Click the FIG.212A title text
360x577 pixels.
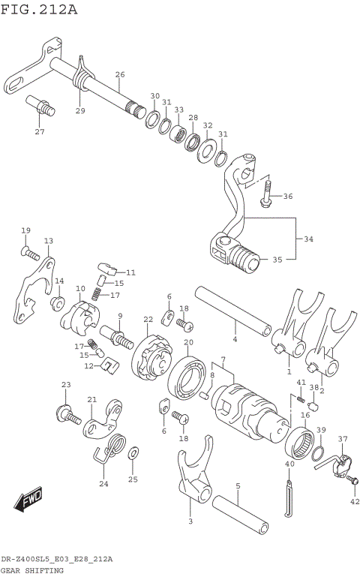39,9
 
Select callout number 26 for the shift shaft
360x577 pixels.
120,74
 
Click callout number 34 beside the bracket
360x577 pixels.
308,239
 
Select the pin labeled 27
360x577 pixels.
41,106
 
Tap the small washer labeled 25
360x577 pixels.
133,453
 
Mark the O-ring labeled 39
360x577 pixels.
318,454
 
